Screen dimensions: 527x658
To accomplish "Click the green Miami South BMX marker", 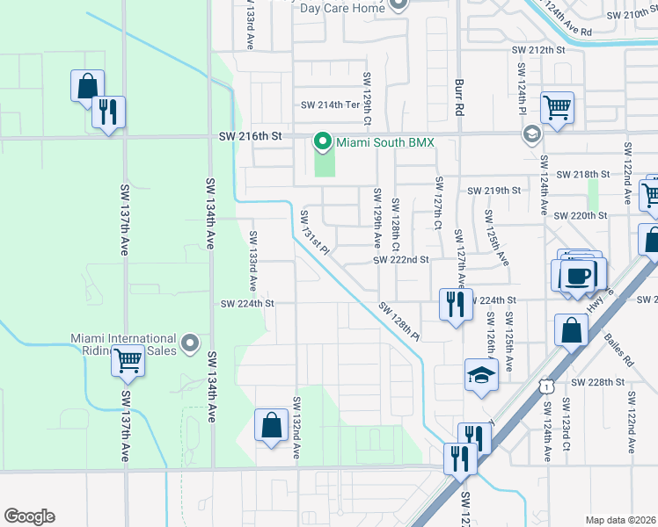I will click(323, 141).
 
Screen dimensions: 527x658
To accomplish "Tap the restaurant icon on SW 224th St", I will click(455, 304).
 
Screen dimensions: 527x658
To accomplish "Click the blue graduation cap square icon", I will click(481, 375).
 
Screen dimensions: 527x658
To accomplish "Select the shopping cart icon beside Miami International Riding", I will click(128, 360).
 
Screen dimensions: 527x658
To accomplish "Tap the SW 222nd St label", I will click(400, 260).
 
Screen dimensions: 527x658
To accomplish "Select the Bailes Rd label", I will click(618, 347).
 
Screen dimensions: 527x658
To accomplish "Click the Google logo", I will click(29, 516).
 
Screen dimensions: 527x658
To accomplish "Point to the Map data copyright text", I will click(620, 520).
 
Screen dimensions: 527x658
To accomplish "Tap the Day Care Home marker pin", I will click(398, 5).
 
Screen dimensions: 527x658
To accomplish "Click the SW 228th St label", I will click(596, 382).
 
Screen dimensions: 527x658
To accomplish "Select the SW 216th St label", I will click(250, 137).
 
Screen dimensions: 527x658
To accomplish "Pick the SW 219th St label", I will click(493, 191).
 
